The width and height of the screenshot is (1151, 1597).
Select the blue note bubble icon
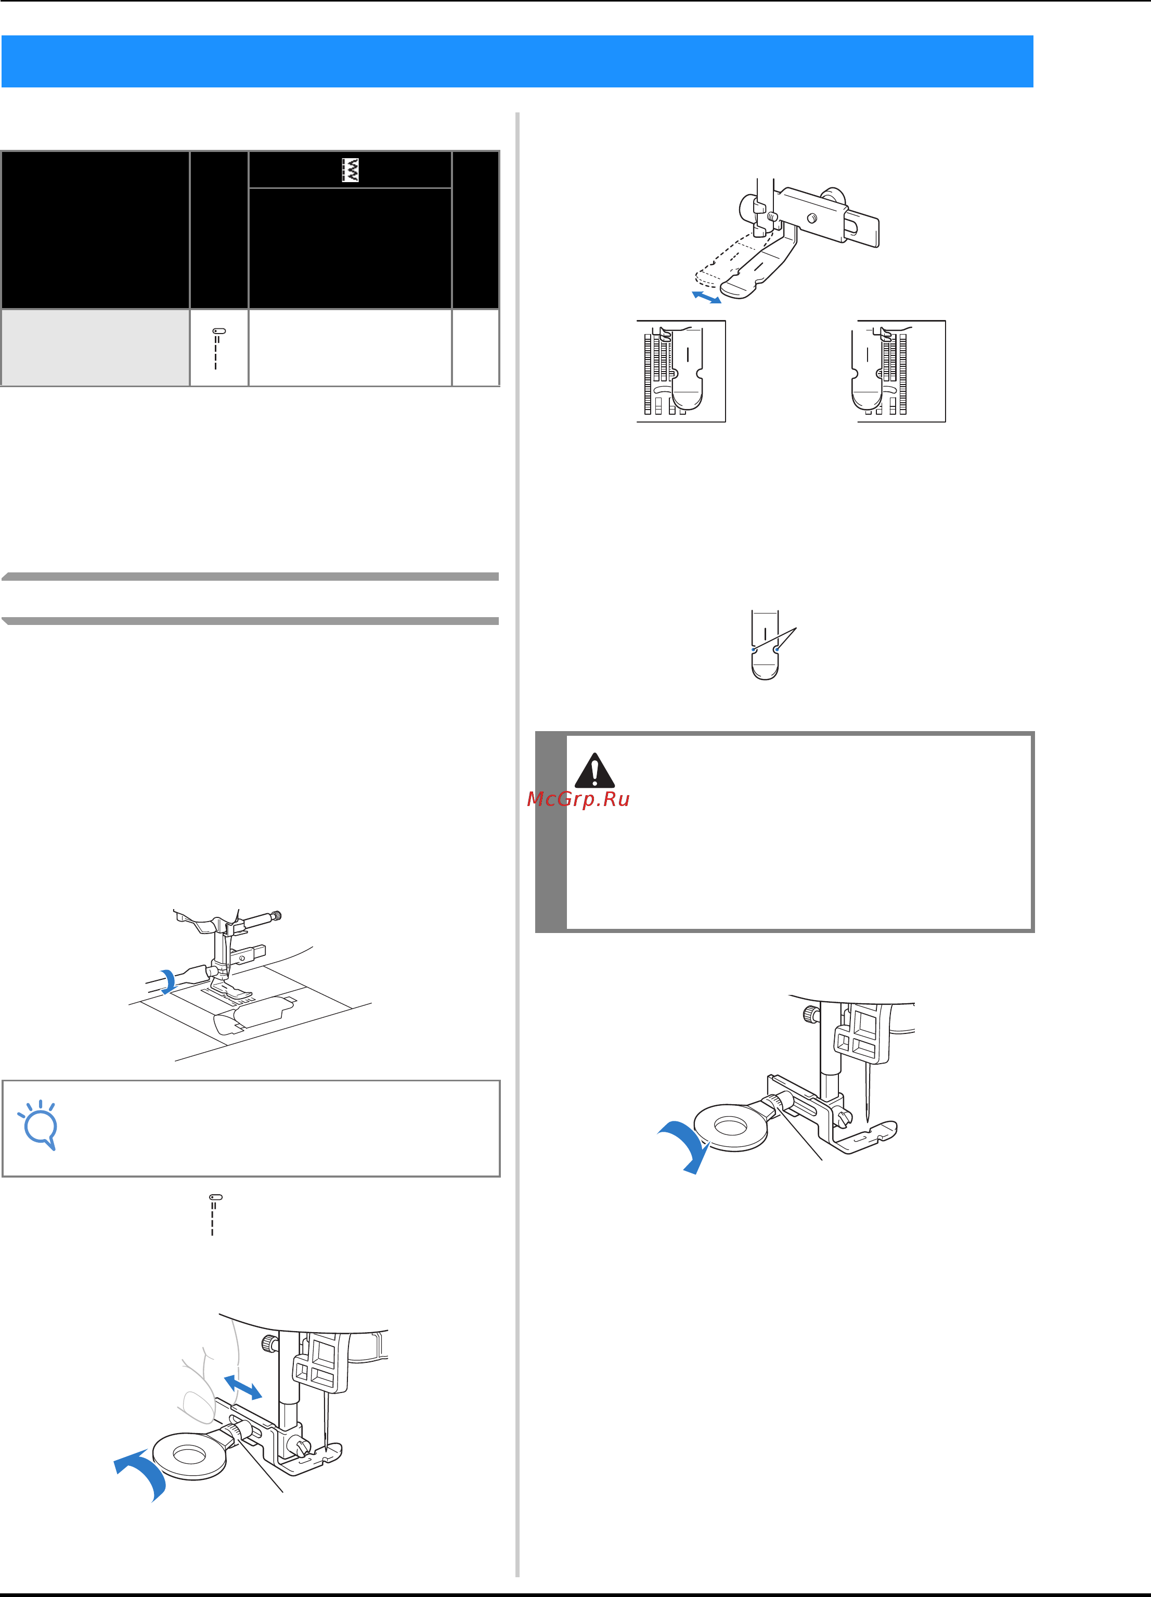(38, 1125)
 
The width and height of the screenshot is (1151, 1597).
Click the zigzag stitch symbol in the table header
(350, 170)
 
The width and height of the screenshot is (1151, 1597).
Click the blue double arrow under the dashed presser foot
(707, 297)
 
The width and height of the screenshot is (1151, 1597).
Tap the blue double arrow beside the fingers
(243, 1387)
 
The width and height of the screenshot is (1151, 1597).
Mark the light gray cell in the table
(96, 347)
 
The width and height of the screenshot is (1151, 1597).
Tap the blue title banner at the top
(518, 61)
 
